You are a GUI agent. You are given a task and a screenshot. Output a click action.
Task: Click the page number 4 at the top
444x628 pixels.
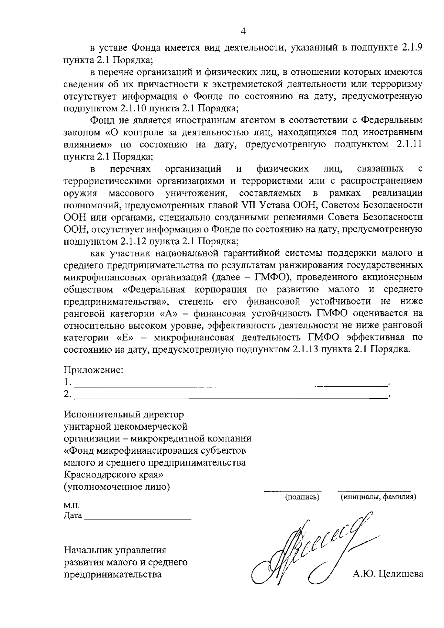(x=243, y=31)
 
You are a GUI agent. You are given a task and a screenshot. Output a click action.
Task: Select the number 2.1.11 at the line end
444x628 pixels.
(x=409, y=144)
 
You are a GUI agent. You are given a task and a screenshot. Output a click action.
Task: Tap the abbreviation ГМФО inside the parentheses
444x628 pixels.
(x=268, y=277)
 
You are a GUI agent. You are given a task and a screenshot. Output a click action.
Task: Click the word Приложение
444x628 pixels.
(x=93, y=370)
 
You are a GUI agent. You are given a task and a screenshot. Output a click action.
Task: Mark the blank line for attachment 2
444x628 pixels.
(x=229, y=397)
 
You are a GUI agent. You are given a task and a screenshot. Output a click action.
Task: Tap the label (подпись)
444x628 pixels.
(x=302, y=497)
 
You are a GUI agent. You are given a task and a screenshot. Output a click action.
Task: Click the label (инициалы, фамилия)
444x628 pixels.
(x=378, y=497)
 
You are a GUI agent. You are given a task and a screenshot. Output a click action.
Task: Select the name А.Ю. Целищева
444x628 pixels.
(x=388, y=574)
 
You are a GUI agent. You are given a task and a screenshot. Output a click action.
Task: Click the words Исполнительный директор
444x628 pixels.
(x=124, y=414)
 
